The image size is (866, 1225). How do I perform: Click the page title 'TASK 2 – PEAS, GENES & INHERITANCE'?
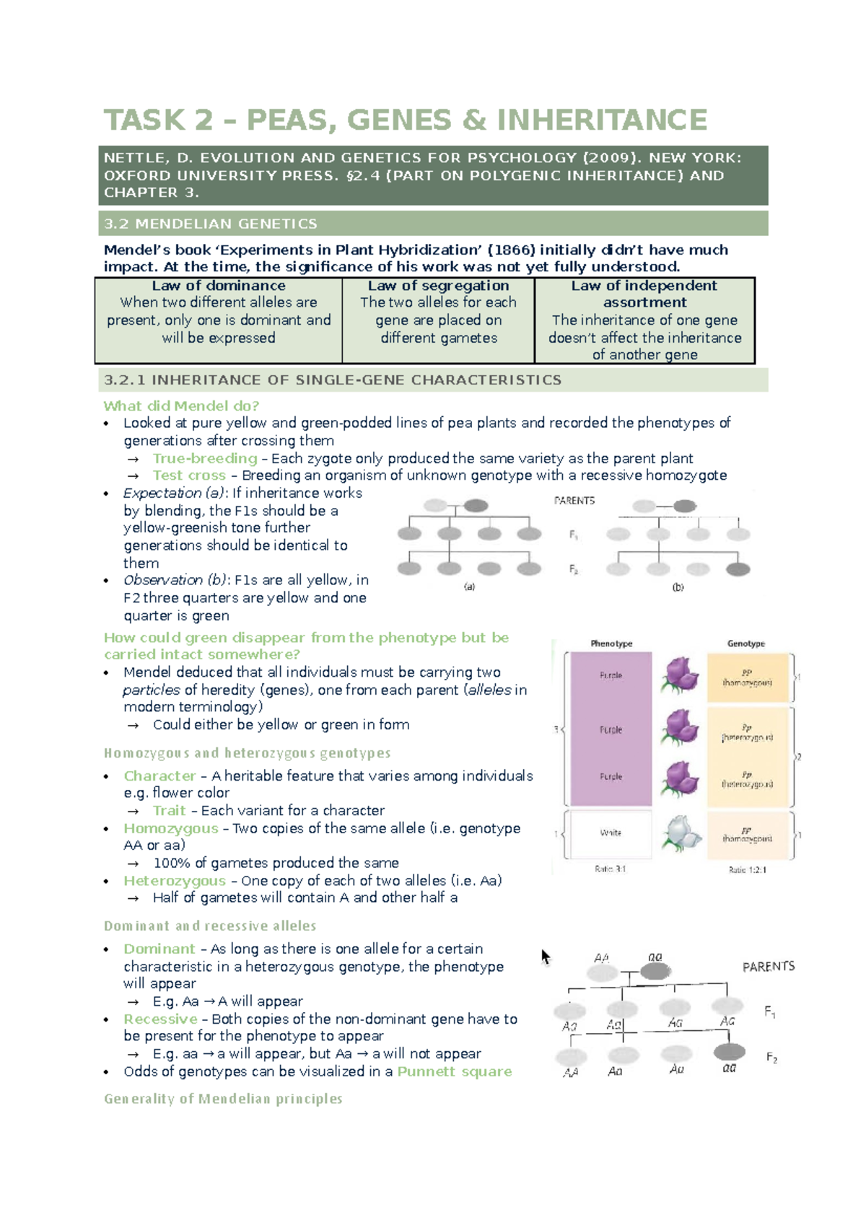click(x=405, y=120)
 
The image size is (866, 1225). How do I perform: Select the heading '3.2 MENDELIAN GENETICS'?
click(x=210, y=224)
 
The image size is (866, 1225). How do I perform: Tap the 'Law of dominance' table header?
click(x=219, y=286)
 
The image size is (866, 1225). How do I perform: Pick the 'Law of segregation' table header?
click(x=438, y=286)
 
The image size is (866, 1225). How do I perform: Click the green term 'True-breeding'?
click(x=205, y=458)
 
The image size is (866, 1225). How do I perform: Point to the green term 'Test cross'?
click(x=189, y=475)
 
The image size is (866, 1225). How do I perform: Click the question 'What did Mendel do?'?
click(x=181, y=405)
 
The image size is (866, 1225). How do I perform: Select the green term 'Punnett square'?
click(x=455, y=1071)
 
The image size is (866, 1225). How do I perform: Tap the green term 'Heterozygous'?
click(x=175, y=880)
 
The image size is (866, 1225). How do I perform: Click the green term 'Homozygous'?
click(x=171, y=828)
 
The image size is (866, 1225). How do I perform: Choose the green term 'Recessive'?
click(x=160, y=1019)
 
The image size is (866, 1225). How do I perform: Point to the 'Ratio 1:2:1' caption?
click(x=748, y=870)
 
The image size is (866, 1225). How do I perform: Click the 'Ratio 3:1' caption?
click(x=611, y=869)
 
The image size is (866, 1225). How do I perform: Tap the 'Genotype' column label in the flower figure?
click(x=746, y=644)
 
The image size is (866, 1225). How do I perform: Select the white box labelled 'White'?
click(x=611, y=833)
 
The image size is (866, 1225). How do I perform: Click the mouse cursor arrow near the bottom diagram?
click(x=546, y=957)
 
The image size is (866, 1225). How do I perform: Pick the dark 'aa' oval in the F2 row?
click(x=729, y=1052)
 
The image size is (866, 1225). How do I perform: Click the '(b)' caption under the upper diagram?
click(x=678, y=587)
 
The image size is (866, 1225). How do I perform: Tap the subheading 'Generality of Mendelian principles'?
click(x=223, y=1099)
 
